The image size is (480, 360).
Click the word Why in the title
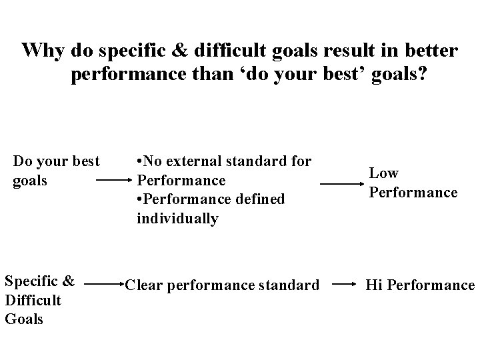pos(42,51)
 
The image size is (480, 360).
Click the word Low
pos(383,173)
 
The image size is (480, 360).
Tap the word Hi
pos(374,285)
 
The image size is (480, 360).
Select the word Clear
pos(143,285)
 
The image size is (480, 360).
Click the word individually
pos(177,219)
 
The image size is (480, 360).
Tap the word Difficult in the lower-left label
pos(33,300)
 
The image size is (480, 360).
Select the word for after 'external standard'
pos(301,161)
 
